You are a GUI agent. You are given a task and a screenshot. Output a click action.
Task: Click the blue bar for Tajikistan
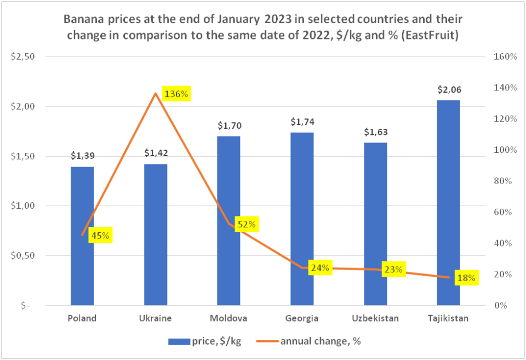[448, 203]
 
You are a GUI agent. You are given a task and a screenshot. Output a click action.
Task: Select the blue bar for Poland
[82, 236]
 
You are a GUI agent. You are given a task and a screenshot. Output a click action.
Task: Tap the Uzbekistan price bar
[375, 224]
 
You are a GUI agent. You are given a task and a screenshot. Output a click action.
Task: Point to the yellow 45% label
[100, 236]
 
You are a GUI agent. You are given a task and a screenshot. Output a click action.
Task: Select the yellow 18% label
[466, 278]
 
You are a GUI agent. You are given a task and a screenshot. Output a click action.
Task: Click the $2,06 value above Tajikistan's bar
[448, 89]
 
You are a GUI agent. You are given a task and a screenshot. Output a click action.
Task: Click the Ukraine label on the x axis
[156, 318]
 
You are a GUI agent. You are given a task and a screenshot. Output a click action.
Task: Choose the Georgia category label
[302, 318]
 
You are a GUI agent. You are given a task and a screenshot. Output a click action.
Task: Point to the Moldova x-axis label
[228, 318]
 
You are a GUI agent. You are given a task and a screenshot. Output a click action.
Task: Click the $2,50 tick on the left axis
[23, 57]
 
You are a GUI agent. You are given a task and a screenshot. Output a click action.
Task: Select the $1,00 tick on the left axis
[23, 206]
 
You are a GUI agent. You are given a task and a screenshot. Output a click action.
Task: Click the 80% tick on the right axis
[505, 181]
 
